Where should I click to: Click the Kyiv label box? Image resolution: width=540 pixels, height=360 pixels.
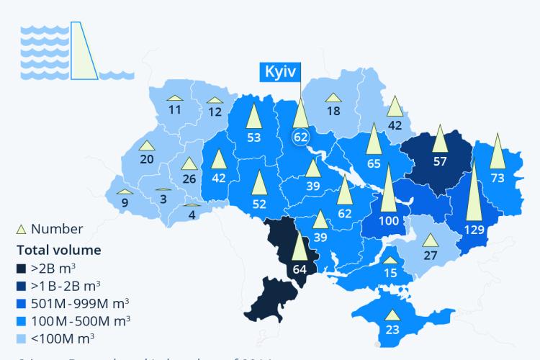pos(279,73)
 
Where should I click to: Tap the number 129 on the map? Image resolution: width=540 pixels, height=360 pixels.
pos(474,230)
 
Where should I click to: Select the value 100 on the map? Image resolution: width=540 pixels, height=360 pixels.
pos(389,220)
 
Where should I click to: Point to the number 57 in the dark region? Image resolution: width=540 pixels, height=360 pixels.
pos(441,161)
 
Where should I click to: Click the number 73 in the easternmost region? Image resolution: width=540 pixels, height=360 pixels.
pos(498,176)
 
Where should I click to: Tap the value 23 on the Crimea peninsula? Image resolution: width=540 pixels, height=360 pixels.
pos(392,330)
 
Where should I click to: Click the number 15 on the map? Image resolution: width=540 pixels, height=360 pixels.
pos(390,273)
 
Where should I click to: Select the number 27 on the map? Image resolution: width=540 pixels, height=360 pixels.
pos(430,255)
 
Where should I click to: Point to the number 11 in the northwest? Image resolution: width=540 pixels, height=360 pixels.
pos(175,110)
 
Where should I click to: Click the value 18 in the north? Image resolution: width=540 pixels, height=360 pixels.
pos(333,111)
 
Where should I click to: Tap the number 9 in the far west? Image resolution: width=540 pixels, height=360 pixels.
pos(125,203)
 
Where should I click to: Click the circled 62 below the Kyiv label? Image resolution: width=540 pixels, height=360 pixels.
pos(300,135)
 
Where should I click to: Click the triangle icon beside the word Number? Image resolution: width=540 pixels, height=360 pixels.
pos(22,229)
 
